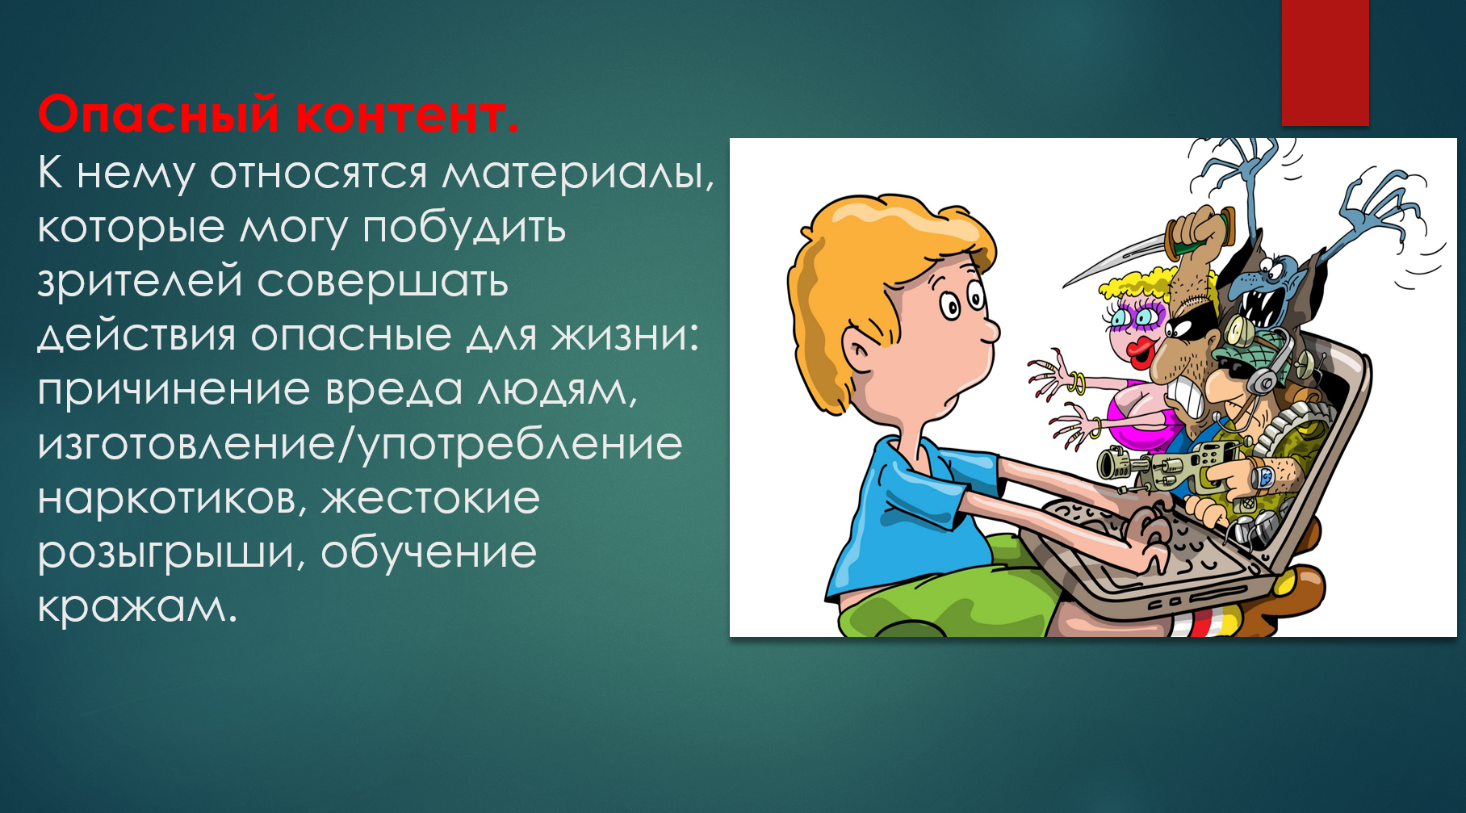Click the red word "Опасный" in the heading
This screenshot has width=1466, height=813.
(x=158, y=115)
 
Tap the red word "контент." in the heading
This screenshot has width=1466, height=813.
(x=407, y=115)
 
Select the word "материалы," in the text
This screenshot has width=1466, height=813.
(x=578, y=174)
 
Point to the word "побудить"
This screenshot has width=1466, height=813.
(x=464, y=227)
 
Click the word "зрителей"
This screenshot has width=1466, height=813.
(x=140, y=282)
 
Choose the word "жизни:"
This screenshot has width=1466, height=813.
(x=625, y=336)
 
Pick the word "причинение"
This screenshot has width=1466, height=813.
(x=174, y=391)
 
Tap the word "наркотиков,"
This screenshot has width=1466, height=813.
(x=173, y=500)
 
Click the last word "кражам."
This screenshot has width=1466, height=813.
(x=137, y=608)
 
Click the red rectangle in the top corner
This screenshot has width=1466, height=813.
(x=1325, y=62)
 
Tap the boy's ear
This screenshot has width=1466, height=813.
(x=862, y=353)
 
